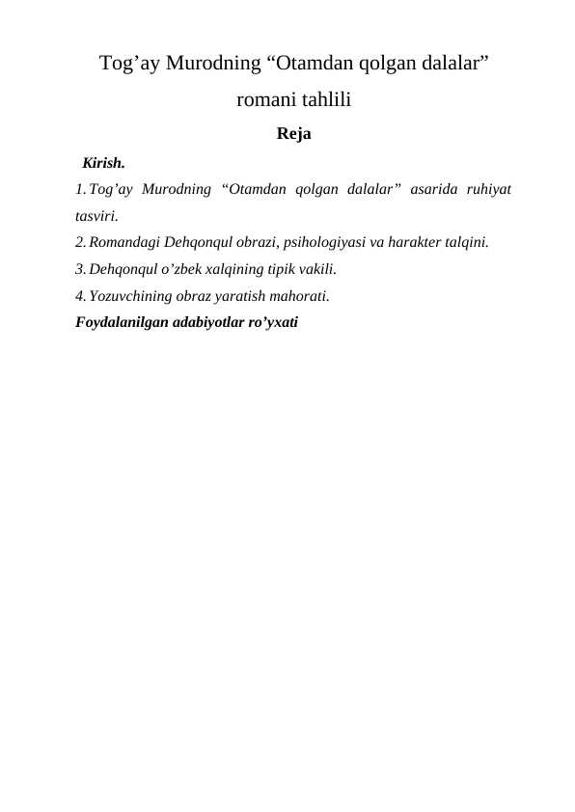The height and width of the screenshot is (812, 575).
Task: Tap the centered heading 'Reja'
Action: click(x=293, y=134)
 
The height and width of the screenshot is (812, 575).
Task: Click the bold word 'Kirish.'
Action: click(x=103, y=161)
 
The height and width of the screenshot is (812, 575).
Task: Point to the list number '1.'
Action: click(x=80, y=189)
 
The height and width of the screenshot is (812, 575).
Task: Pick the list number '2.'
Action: click(x=80, y=242)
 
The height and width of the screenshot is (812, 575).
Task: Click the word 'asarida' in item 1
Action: click(x=430, y=189)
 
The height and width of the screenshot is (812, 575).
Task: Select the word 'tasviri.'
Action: click(x=96, y=216)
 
